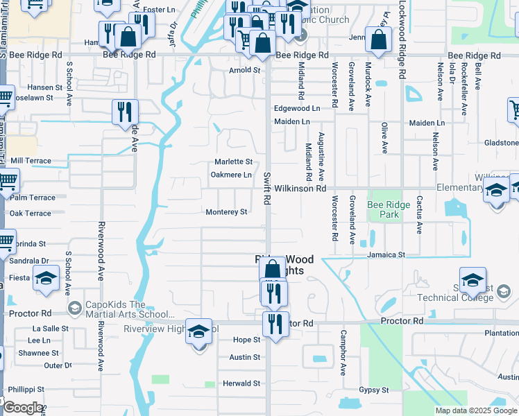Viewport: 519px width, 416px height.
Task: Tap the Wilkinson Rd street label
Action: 300,188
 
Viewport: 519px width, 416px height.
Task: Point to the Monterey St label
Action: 226,212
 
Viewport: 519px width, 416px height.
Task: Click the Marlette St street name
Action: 228,162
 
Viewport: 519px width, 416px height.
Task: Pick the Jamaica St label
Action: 386,255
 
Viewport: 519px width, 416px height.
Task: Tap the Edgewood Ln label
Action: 297,109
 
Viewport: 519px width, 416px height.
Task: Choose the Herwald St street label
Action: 241,383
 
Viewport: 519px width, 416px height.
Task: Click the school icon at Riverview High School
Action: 198,333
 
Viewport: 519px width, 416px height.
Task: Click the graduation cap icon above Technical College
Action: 473,280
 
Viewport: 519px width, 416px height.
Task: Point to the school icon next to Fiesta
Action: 46,279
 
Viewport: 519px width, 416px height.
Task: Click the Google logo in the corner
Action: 22,407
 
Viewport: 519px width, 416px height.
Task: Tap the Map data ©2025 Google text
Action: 475,410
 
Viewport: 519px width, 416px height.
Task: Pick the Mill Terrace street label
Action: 31,160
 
